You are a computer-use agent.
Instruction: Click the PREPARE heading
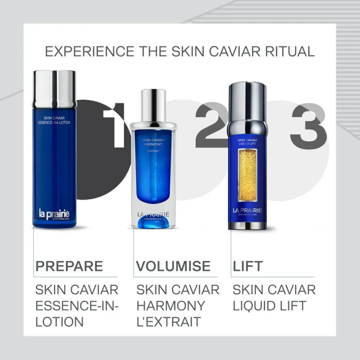point(69,266)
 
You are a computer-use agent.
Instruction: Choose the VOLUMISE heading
point(173,266)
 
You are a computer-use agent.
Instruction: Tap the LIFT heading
point(248,266)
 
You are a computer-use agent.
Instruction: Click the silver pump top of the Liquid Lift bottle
point(247,102)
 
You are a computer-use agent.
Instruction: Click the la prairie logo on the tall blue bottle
point(54,214)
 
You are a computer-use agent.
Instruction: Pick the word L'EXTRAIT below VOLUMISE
point(169,322)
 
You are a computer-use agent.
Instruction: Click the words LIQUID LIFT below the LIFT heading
point(269,306)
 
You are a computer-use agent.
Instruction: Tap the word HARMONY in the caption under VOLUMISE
point(171,306)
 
